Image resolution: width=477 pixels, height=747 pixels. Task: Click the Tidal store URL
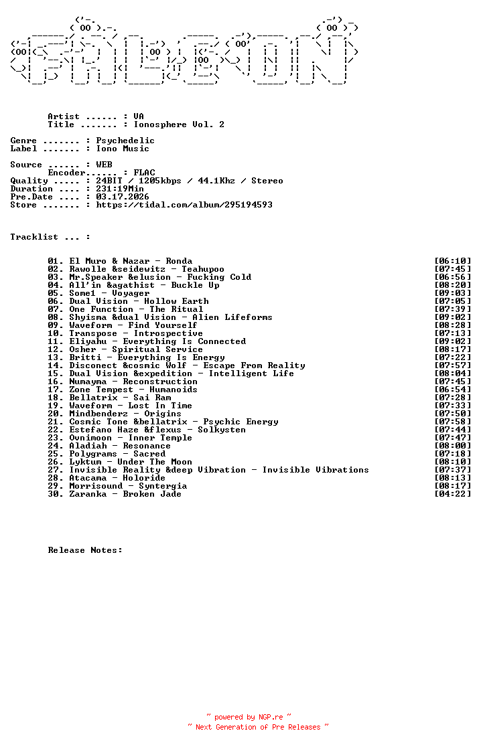tap(184, 205)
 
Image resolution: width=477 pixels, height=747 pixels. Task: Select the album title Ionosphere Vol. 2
tap(179, 124)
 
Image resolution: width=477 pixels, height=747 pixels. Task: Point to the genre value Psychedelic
tap(125, 141)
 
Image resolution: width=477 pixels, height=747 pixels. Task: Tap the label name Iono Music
tap(123, 149)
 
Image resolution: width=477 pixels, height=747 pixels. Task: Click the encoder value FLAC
tap(144, 173)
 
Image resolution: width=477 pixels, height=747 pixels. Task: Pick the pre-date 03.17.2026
tap(123, 197)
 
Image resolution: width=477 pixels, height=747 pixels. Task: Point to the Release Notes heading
tap(85, 550)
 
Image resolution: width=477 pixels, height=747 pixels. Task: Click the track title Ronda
tap(179, 261)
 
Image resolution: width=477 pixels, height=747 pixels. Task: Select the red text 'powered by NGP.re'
tap(249, 717)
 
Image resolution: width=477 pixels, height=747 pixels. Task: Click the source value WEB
tap(104, 165)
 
